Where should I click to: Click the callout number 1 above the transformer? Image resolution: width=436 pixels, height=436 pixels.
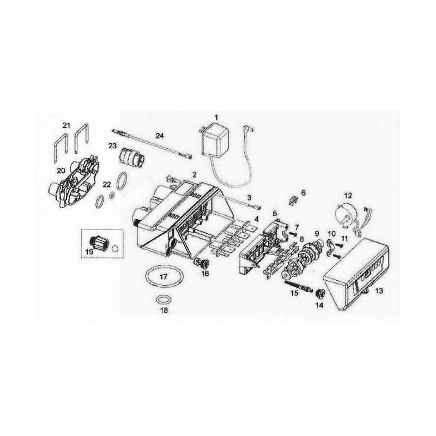pyautogui.click(x=216, y=117)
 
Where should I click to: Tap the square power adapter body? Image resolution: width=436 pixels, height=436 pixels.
pyautogui.click(x=215, y=140)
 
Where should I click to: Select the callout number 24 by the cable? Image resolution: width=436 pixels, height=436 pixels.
pyautogui.click(x=159, y=136)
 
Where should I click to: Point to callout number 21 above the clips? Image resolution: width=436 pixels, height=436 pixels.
pyautogui.click(x=66, y=125)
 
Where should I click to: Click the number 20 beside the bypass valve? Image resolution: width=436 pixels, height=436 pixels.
pyautogui.click(x=61, y=171)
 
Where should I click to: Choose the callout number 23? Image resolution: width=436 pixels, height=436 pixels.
pyautogui.click(x=112, y=146)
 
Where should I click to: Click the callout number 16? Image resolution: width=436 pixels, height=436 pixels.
pyautogui.click(x=205, y=274)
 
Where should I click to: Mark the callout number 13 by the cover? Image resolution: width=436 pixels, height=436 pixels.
pyautogui.click(x=379, y=290)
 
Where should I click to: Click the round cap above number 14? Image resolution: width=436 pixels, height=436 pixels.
pyautogui.click(x=319, y=293)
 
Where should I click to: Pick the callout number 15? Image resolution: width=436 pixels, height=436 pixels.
pyautogui.click(x=294, y=293)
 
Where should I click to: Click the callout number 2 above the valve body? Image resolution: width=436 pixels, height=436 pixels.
pyautogui.click(x=195, y=174)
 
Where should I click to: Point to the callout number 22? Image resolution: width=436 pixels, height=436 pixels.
pyautogui.click(x=107, y=184)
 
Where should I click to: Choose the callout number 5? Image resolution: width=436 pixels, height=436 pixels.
pyautogui.click(x=275, y=214)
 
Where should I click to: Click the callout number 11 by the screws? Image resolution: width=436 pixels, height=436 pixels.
pyautogui.click(x=344, y=239)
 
